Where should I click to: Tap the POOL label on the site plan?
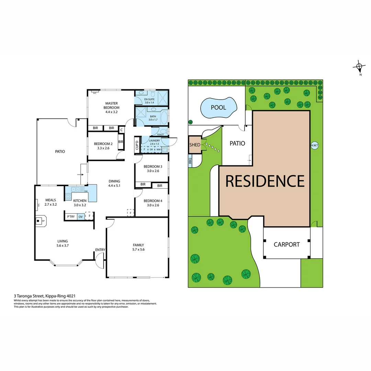218,108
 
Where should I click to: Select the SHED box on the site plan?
195,145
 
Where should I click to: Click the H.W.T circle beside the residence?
315,145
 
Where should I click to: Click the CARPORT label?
286,245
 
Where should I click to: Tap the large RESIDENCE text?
265,181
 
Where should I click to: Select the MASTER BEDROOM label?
112,105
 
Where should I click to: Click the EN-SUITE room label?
149,99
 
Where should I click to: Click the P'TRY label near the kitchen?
71,216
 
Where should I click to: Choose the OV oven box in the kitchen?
80,216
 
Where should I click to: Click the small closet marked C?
121,130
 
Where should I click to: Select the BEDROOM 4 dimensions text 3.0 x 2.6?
151,205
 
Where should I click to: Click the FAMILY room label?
138,245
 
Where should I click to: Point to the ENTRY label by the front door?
100,250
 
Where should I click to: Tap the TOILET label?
160,135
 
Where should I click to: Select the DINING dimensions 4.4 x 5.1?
114,185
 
